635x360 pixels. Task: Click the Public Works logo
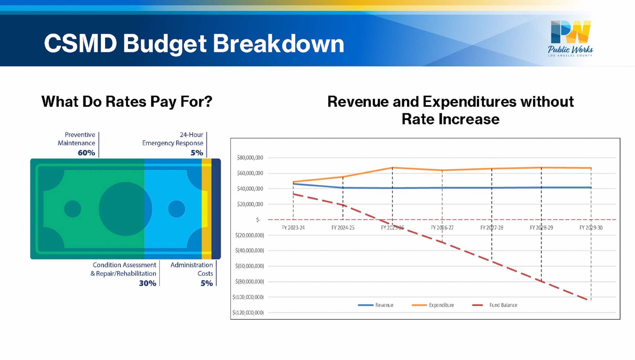(571, 38)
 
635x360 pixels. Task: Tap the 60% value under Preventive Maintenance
(86, 153)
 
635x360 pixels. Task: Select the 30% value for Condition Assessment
(147, 283)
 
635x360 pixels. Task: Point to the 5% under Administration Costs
(206, 283)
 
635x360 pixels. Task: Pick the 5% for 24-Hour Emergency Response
(197, 153)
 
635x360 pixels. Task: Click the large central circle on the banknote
(125, 209)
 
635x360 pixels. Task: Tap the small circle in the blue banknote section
(176, 209)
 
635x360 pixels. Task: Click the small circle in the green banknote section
(73, 209)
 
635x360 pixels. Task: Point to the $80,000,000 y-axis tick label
(250, 158)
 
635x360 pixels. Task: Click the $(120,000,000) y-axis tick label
(248, 313)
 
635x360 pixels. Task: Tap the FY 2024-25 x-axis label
(343, 228)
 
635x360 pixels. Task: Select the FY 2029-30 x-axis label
(591, 228)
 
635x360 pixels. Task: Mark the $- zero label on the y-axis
(258, 220)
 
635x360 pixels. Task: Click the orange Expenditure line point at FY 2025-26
(393, 168)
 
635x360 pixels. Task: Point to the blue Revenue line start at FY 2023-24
(293, 184)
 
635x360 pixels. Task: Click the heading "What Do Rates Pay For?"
(127, 101)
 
